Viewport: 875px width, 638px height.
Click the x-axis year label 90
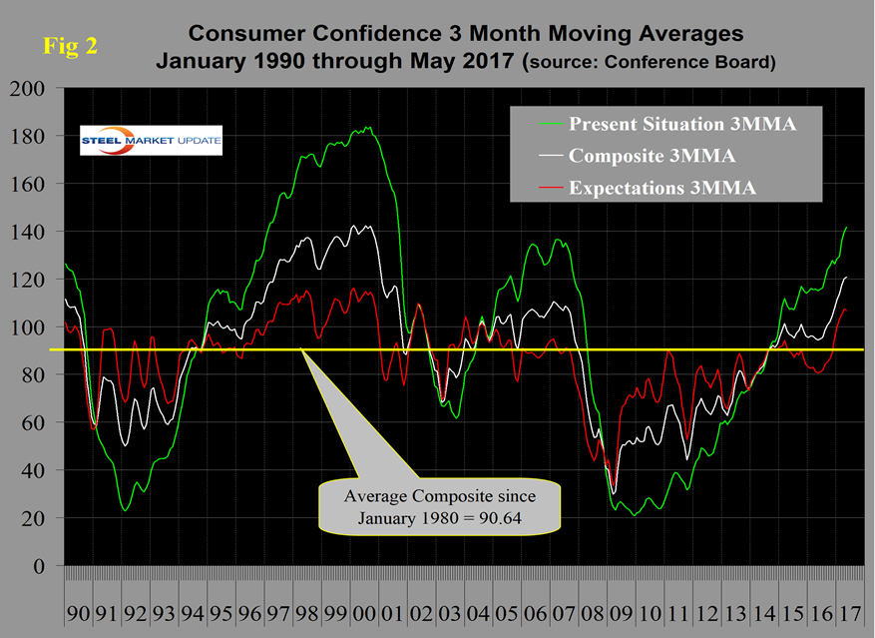pyautogui.click(x=78, y=609)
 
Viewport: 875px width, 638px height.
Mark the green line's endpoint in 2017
pyautogui.click(x=847, y=228)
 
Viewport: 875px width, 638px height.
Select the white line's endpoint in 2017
pyautogui.click(x=847, y=277)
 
